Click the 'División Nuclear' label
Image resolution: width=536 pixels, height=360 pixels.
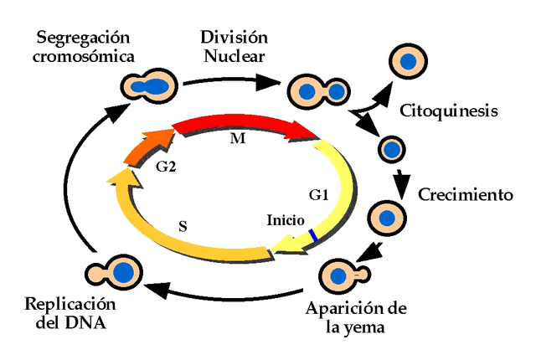234,48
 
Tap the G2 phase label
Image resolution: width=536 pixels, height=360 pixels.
166,166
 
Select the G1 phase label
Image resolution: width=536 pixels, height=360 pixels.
318,195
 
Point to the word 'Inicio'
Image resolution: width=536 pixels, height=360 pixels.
281,220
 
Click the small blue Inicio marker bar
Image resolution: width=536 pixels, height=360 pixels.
312,237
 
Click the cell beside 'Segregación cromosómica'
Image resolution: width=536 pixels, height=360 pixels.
149,85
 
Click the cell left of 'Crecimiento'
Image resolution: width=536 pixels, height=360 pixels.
387,218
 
